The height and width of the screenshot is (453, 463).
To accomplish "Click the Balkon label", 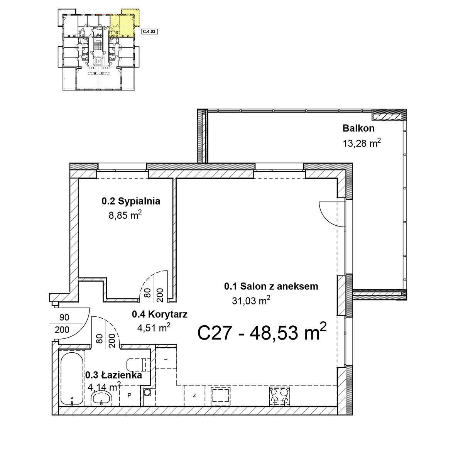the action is click(x=358, y=128).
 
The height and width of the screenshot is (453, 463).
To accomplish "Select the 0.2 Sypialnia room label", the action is click(x=131, y=201).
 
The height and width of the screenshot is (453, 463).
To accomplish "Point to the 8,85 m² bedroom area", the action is click(x=125, y=215).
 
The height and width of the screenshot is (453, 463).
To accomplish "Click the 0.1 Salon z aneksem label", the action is click(x=271, y=286).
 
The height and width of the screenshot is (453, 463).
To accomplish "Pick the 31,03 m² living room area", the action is click(x=251, y=301).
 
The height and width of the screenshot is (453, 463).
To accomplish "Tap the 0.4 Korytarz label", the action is click(x=160, y=314).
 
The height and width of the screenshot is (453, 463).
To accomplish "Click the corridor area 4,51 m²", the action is click(x=154, y=328).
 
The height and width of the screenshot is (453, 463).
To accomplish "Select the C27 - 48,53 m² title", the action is click(x=262, y=332).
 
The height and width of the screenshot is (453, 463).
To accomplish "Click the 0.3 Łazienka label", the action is click(x=114, y=375).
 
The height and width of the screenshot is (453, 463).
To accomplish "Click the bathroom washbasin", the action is click(x=102, y=399).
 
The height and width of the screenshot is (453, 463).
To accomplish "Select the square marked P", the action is click(x=129, y=396).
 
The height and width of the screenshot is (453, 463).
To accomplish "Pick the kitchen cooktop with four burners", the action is click(x=279, y=396).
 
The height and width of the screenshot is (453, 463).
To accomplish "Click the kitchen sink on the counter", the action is click(x=221, y=396).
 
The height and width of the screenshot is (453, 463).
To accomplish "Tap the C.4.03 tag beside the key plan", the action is click(x=150, y=31).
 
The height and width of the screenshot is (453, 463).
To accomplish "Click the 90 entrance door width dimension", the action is click(x=64, y=317).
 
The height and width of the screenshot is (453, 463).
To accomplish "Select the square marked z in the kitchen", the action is click(x=194, y=396).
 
